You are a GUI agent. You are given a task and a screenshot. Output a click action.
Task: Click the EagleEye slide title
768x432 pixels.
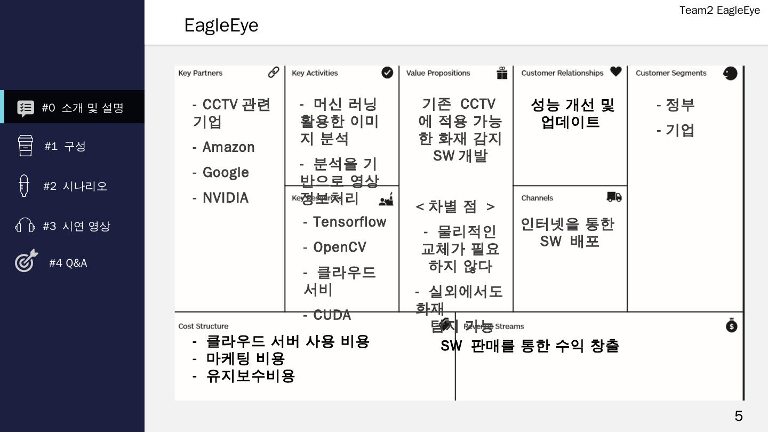[221, 26]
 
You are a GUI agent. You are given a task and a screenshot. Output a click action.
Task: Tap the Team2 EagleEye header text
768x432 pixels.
[719, 10]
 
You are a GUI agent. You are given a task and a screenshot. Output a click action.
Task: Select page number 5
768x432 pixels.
[739, 416]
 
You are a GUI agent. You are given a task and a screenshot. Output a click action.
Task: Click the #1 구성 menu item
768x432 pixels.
[65, 146]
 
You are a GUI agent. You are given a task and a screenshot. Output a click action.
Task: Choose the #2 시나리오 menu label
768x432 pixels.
[75, 186]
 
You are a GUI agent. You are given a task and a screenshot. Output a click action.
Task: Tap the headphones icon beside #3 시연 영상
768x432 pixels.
[25, 226]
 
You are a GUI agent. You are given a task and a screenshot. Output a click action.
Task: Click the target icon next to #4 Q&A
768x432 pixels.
[26, 261]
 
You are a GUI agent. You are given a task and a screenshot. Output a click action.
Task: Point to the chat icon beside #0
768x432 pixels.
[26, 108]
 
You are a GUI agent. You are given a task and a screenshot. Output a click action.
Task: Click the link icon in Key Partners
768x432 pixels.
[274, 72]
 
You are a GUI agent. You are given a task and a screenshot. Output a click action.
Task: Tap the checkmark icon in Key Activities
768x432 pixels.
[387, 73]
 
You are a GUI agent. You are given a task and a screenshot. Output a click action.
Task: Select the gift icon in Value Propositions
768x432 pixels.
[502, 73]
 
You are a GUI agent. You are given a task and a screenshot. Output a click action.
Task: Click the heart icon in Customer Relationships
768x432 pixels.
[616, 71]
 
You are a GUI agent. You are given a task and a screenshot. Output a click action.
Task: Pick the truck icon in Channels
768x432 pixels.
[614, 197]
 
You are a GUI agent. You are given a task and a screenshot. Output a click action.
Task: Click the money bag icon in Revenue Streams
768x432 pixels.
[731, 325]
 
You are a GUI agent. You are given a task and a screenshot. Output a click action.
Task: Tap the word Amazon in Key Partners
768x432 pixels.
[228, 147]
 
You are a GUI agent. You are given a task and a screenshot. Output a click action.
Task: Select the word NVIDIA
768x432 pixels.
[225, 198]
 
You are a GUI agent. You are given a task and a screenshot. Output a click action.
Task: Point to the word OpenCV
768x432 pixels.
[339, 247]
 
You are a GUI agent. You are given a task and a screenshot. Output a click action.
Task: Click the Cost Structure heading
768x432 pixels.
[203, 326]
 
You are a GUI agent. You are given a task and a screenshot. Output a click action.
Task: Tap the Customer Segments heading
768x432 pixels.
[670, 73]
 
